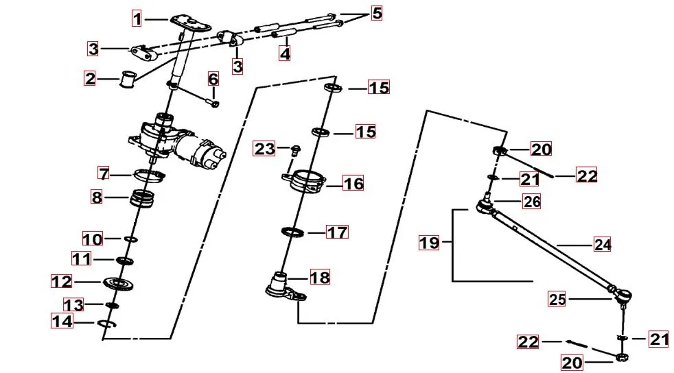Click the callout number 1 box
pos(137,19)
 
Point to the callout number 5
pos(376,13)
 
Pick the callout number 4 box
pos(284,53)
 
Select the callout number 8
pos(97,198)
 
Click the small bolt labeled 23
pos(295,149)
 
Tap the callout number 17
pos(336,232)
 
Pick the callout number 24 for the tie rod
pos(603,244)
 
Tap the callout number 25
pos(557,298)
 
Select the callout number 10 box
pos(93,239)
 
